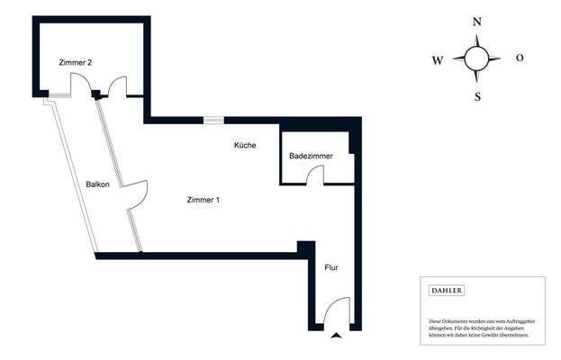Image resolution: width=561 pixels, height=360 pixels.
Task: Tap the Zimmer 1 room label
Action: (x=203, y=200)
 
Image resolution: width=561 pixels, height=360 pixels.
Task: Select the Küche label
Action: (x=245, y=145)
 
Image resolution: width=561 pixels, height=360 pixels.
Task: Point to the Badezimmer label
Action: (x=311, y=156)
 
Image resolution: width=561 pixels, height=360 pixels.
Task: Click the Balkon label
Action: (x=97, y=184)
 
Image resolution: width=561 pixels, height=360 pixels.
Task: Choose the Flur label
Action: (x=331, y=267)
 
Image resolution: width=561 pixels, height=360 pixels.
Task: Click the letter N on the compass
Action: (x=477, y=22)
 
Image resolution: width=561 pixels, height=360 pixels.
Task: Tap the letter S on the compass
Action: (x=477, y=96)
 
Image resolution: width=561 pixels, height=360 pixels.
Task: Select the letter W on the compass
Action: (x=438, y=60)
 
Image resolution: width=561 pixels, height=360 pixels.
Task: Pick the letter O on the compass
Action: (x=520, y=58)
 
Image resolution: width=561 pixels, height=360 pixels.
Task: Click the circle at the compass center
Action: (x=477, y=59)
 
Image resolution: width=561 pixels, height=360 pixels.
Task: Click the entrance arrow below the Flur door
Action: (x=337, y=336)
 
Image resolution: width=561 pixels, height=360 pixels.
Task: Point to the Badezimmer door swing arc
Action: (x=314, y=175)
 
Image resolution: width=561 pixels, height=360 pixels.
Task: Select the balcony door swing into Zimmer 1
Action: (x=137, y=191)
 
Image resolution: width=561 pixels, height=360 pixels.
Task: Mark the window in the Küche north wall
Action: (x=214, y=118)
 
